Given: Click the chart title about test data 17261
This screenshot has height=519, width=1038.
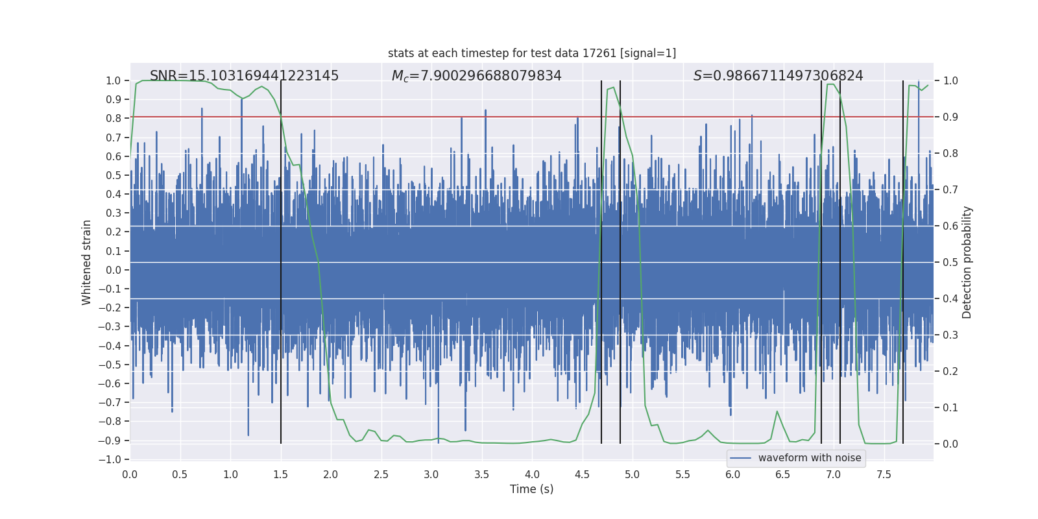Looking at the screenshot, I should [532, 53].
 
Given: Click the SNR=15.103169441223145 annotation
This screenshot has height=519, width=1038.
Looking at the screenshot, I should [244, 76].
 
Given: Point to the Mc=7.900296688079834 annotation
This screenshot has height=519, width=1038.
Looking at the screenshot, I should [476, 76].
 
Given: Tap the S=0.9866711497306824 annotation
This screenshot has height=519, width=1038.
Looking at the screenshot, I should [778, 76].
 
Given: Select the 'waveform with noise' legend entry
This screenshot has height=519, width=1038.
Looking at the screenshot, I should [809, 458].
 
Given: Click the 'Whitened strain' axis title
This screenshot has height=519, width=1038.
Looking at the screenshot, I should [87, 262].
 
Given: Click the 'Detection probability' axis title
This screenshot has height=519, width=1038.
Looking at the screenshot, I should [967, 262].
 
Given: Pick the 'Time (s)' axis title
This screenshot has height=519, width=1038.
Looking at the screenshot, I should [531, 489].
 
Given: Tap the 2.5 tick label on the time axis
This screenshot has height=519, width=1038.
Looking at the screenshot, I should [381, 474].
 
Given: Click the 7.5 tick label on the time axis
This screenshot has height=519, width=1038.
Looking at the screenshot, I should [884, 474].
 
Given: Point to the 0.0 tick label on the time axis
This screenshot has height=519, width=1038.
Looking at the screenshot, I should [130, 474].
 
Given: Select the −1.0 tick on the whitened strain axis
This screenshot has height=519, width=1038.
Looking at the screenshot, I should [113, 459].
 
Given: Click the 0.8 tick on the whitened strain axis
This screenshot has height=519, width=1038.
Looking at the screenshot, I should [114, 118].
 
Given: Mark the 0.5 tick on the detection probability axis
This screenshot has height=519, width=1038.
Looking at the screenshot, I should [950, 262].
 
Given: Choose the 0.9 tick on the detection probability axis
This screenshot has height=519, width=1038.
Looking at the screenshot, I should [950, 117].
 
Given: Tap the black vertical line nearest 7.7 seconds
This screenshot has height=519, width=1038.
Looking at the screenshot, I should [903, 292].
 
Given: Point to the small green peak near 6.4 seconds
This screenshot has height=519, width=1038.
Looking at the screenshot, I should [777, 412].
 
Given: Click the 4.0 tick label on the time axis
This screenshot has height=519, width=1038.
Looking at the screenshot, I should [532, 474].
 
